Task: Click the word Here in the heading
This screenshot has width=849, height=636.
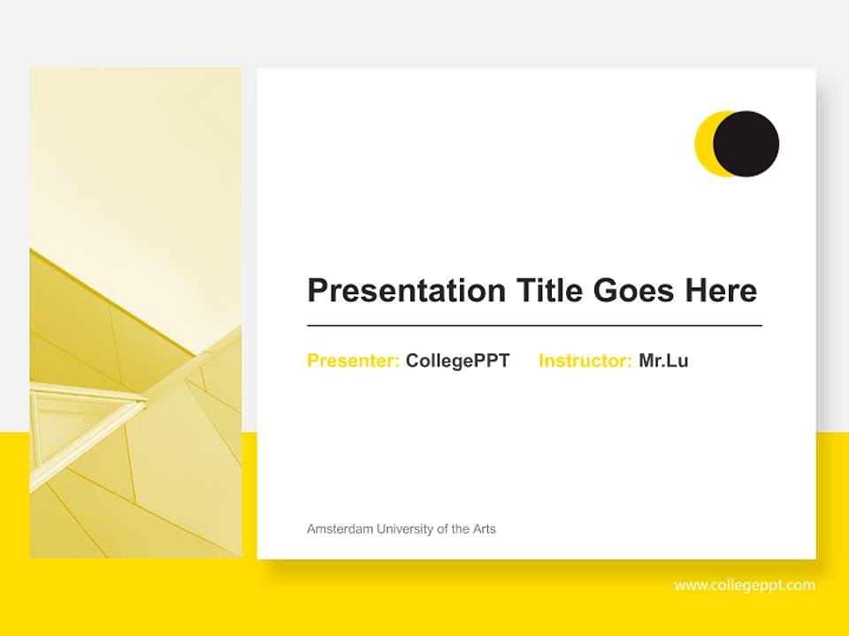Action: click(x=720, y=291)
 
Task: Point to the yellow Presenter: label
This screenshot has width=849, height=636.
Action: click(x=353, y=360)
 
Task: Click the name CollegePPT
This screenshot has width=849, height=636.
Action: click(x=457, y=360)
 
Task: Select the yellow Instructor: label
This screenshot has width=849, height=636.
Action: click(x=585, y=360)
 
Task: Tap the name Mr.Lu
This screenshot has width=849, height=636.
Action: click(x=663, y=360)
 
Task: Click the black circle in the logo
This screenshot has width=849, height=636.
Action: click(x=747, y=143)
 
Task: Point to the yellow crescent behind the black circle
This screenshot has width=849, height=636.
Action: click(x=704, y=143)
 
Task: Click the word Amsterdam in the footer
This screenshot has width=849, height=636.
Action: click(x=340, y=529)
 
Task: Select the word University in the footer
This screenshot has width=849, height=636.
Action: click(x=405, y=529)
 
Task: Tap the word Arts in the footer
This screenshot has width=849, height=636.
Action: click(x=483, y=529)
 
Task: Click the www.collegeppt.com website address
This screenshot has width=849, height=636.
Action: click(x=745, y=586)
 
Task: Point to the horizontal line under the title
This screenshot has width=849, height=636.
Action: click(x=534, y=326)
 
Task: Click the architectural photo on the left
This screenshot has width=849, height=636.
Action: click(x=135, y=221)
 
